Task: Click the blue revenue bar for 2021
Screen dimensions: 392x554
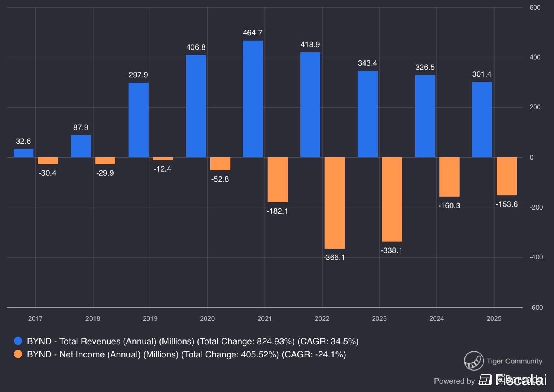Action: click(x=253, y=99)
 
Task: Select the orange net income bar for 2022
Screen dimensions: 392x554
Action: click(x=334, y=203)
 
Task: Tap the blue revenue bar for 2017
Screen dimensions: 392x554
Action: click(x=23, y=153)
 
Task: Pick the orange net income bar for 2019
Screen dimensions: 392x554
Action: click(x=162, y=159)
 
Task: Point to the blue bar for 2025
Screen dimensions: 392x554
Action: click(x=482, y=119)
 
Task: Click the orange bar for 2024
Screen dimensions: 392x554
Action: click(x=449, y=177)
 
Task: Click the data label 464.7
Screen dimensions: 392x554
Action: click(x=253, y=33)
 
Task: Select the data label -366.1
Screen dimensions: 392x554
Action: click(x=334, y=257)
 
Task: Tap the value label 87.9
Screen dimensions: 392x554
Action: click(x=81, y=127)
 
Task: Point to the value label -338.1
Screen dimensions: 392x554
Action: click(x=392, y=250)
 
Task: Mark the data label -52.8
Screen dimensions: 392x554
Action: click(x=220, y=179)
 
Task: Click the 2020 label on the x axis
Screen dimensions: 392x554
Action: click(x=207, y=318)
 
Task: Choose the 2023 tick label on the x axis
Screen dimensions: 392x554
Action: click(x=379, y=318)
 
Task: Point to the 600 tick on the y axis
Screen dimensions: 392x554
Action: click(x=535, y=8)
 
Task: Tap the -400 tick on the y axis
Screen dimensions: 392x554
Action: click(x=536, y=257)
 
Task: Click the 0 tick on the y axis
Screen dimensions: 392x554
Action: click(x=531, y=157)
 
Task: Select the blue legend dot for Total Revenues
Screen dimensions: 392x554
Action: click(x=18, y=341)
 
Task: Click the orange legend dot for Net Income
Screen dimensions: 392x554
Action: click(x=18, y=354)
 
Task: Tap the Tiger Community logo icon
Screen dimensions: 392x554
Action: click(x=474, y=361)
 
